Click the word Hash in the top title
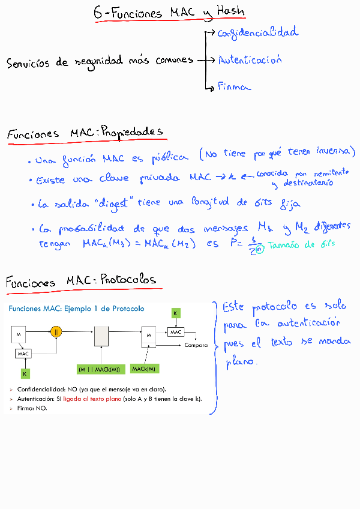pyautogui.click(x=228, y=12)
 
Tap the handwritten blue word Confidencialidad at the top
pyautogui.click(x=257, y=33)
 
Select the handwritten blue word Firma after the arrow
pyautogui.click(x=233, y=87)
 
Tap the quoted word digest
pyautogui.click(x=113, y=203)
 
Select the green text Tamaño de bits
pyautogui.click(x=301, y=245)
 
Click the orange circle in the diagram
pyautogui.click(x=56, y=331)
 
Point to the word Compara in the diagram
pyautogui.click(x=196, y=345)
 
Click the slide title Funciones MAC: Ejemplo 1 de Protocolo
pyautogui.click(x=76, y=309)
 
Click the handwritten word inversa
pyautogui.click(x=335, y=152)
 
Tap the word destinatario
pyautogui.click(x=308, y=182)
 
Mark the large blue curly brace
pyautogui.click(x=213, y=358)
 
